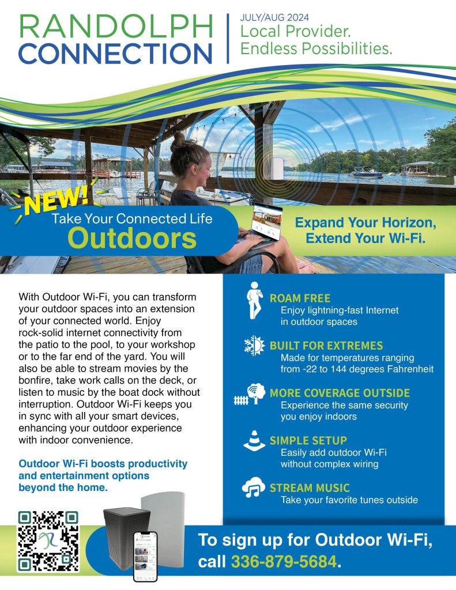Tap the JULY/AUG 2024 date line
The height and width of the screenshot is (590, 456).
[x=274, y=17]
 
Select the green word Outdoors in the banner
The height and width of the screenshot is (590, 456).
[x=132, y=238]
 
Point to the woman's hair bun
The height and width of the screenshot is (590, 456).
[x=180, y=140]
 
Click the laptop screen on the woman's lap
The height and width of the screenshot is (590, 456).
[x=267, y=222]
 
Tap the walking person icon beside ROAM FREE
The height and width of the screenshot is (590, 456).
[x=255, y=300]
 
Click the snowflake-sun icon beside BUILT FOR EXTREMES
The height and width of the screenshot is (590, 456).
[x=255, y=346]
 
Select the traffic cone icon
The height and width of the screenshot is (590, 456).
[x=254, y=441]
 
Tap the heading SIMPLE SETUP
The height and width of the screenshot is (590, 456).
[x=308, y=441]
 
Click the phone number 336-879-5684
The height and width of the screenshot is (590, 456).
[x=284, y=561]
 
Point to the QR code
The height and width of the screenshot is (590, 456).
[x=48, y=541]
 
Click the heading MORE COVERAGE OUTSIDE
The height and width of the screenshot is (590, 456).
[x=340, y=393]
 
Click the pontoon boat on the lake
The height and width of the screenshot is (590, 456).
[x=365, y=172]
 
